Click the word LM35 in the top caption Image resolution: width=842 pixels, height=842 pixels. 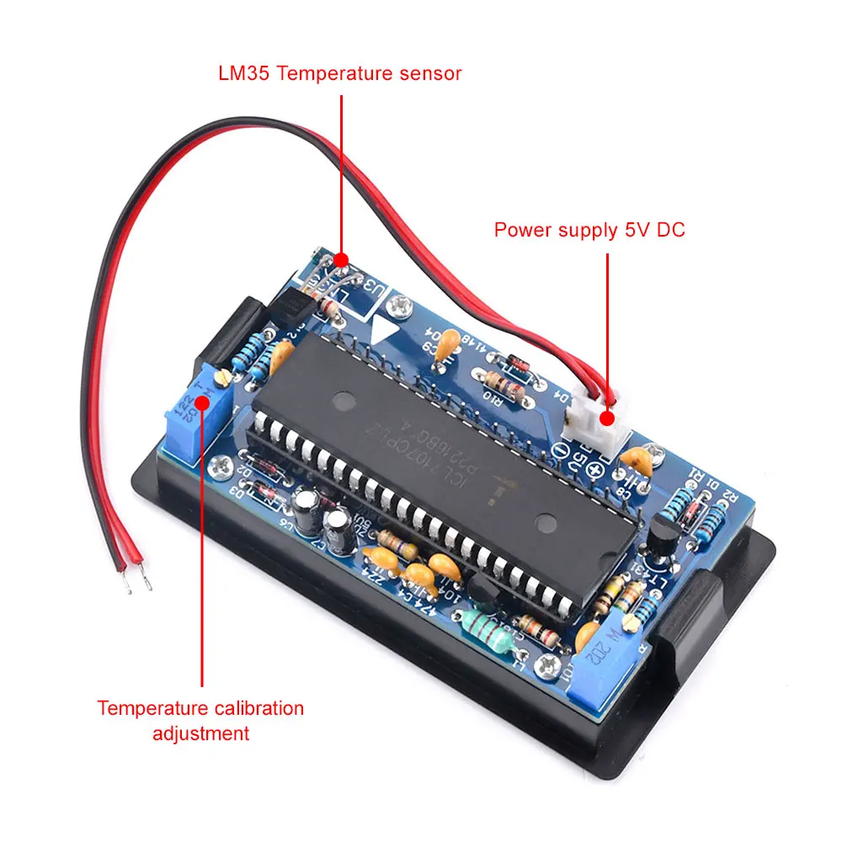[x=243, y=73]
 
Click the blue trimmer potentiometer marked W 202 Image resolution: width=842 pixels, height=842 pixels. [x=602, y=665]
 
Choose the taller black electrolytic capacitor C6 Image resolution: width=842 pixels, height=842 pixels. [x=306, y=511]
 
